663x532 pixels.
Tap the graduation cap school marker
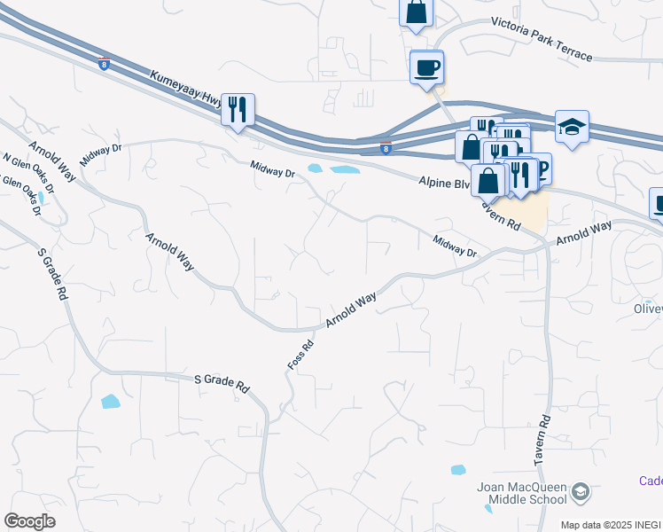tap(572, 128)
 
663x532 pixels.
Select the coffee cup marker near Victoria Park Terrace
tap(426, 67)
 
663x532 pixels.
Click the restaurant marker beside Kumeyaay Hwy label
tap(238, 109)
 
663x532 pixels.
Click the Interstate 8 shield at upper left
tap(105, 63)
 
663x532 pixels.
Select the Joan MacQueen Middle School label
tap(521, 493)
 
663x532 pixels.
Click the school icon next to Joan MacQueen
tap(580, 490)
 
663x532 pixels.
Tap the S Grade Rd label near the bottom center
tap(222, 383)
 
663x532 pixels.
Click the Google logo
tap(29, 521)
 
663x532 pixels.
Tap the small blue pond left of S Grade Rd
tap(110, 402)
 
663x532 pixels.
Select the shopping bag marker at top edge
tap(416, 13)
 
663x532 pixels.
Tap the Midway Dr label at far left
tap(98, 157)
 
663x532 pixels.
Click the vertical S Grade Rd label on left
tap(52, 276)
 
